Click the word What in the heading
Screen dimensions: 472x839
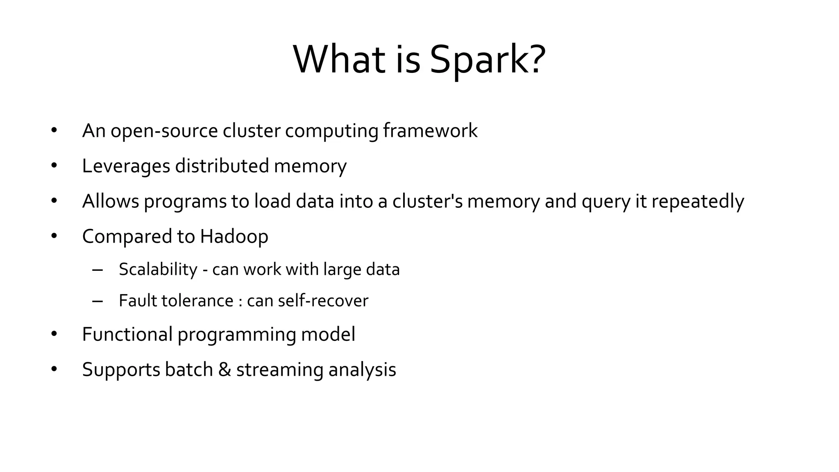pos(340,60)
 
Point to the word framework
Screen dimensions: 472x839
pos(430,131)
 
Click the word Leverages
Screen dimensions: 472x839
pos(126,166)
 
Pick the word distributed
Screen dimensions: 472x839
pos(222,166)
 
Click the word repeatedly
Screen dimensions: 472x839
pos(697,202)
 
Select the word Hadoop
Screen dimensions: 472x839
pos(234,237)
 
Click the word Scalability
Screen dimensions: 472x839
pos(158,270)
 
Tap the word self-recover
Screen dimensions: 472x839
pos(323,301)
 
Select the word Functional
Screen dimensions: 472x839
pos(127,334)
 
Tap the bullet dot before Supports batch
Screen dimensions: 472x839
pos(54,370)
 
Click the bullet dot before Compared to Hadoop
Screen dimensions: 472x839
pos(54,236)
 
